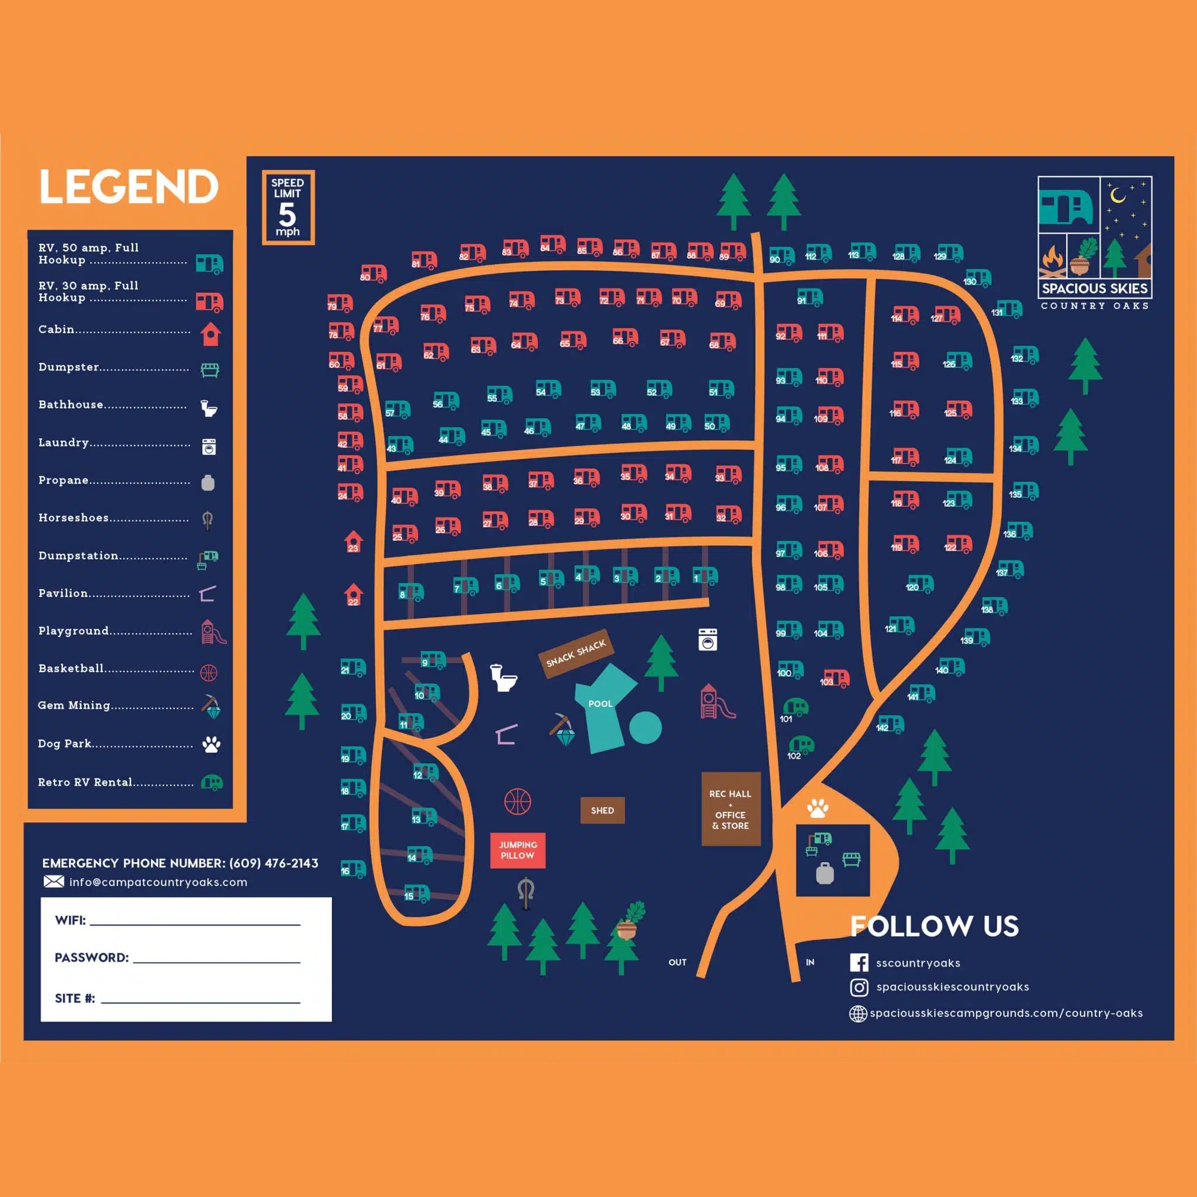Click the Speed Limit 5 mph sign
288,207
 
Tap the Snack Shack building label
576,654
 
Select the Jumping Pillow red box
517,850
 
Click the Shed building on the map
602,811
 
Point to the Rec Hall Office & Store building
731,809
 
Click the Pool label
600,704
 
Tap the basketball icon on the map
517,801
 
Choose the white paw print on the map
818,808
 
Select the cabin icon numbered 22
353,595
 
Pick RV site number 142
890,724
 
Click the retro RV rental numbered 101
795,708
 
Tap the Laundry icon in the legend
209,447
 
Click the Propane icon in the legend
208,483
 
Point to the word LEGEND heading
129,186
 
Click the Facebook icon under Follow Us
859,962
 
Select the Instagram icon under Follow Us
859,987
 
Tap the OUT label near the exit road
677,962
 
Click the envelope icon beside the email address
54,881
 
